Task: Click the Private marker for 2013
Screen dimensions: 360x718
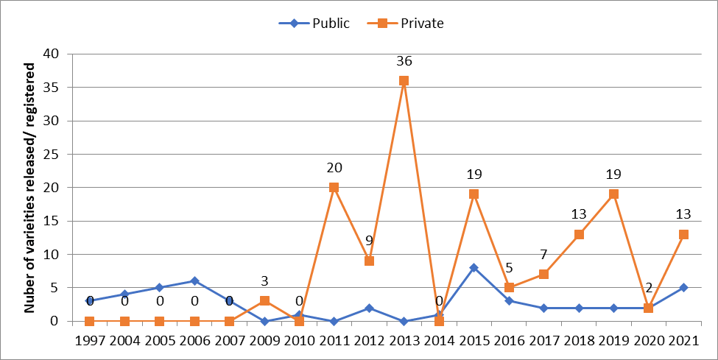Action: [x=404, y=81]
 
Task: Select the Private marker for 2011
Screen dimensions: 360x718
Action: [x=334, y=188]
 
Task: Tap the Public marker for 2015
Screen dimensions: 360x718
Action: [x=474, y=268]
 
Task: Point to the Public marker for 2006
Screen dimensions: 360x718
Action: [x=194, y=281]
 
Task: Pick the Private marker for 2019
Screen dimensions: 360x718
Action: [x=613, y=194]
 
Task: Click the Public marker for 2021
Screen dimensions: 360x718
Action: [x=683, y=288]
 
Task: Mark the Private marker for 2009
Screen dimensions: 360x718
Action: [x=264, y=301]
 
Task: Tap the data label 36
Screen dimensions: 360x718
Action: [x=404, y=61]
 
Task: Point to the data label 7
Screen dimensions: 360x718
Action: [x=543, y=255]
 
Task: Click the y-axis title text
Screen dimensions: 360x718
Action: [x=30, y=188]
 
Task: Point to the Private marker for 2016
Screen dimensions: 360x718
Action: [x=509, y=288]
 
